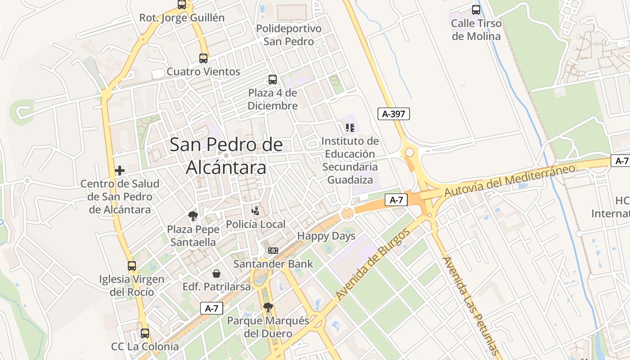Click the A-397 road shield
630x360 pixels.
click(x=393, y=114)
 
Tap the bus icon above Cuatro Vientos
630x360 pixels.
click(x=203, y=58)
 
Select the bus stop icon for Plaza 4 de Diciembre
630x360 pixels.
click(x=273, y=80)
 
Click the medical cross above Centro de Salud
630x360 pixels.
click(x=120, y=171)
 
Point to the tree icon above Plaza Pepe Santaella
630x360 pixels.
click(x=193, y=216)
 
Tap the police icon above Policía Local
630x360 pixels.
click(x=255, y=211)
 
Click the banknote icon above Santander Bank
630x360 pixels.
click(x=273, y=251)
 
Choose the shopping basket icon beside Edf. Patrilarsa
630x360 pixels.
click(x=216, y=274)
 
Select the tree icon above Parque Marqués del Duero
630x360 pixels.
click(x=268, y=307)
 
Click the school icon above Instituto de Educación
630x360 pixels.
click(x=350, y=128)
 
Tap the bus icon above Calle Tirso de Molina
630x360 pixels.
click(x=476, y=10)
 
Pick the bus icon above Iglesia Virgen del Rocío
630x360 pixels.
click(x=132, y=265)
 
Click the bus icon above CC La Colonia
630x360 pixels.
click(x=145, y=333)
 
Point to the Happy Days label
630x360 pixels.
click(x=326, y=236)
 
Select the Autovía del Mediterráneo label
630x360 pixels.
click(x=510, y=180)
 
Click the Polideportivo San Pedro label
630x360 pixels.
click(x=289, y=35)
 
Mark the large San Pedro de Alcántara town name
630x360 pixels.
click(x=226, y=156)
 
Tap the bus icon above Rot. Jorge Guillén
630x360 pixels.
click(x=182, y=5)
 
